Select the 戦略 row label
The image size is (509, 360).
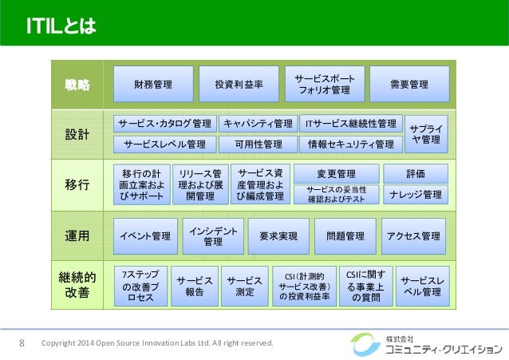pos(77,84)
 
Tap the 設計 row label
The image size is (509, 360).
pos(77,133)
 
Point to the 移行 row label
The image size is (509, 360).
pos(77,185)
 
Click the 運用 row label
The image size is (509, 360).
pos(77,235)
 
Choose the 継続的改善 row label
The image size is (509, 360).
pos(77,284)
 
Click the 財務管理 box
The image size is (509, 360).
pos(153,84)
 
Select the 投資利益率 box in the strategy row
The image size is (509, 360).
pos(240,84)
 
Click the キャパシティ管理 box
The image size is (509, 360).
pos(258,124)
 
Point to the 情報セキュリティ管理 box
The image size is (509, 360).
pos(351,144)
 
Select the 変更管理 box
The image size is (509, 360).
pos(336,173)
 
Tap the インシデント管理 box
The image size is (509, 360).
pos(213,235)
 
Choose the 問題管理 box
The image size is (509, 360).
pos(345,236)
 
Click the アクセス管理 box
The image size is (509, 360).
pos(413,236)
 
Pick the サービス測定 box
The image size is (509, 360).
pos(245,287)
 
